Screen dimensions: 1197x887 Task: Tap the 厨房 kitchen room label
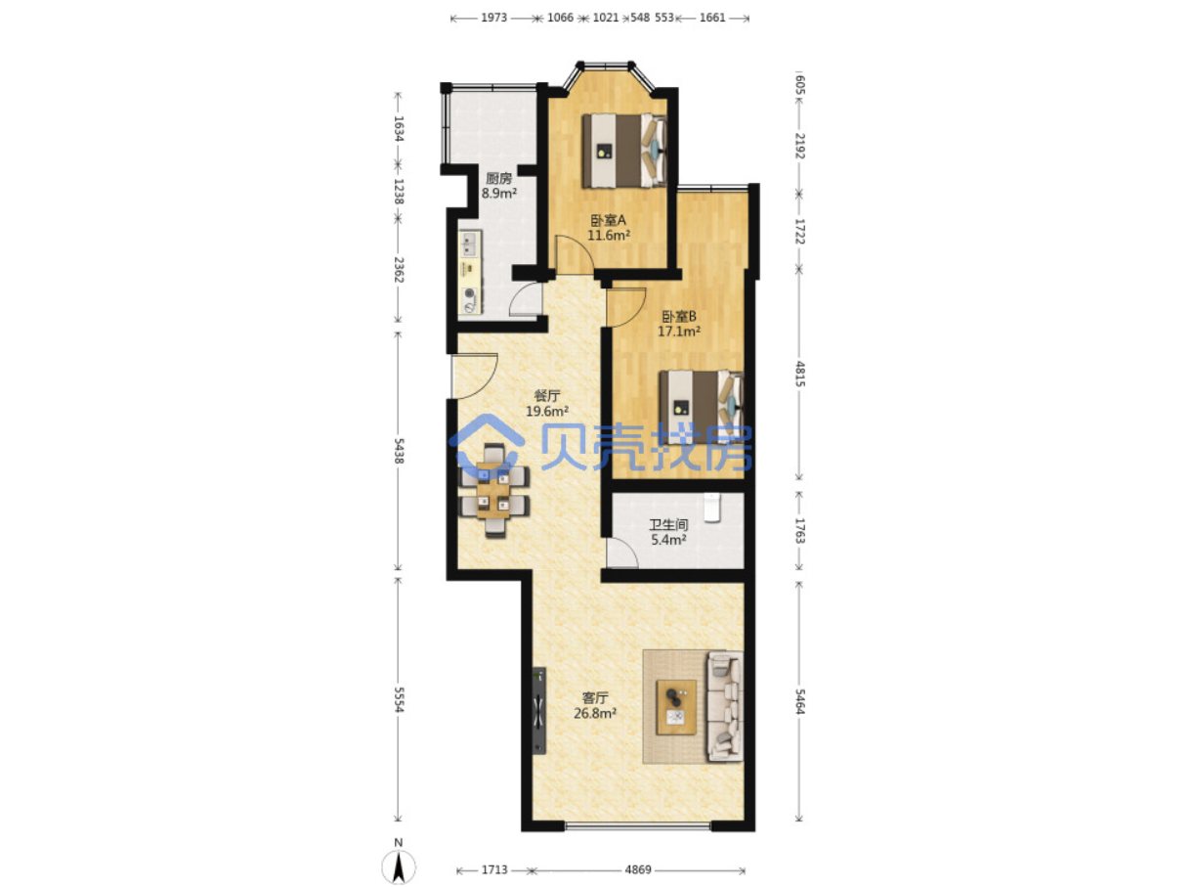coord(498,178)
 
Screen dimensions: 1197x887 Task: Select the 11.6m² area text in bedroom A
coord(609,236)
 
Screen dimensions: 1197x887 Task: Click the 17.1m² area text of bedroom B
coord(679,332)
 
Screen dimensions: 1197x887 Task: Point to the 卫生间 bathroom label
coord(668,524)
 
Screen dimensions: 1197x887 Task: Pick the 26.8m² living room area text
coord(595,713)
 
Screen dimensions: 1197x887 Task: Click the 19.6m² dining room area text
coord(547,411)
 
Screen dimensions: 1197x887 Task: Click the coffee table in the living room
coord(675,707)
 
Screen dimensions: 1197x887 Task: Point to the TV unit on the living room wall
coord(538,711)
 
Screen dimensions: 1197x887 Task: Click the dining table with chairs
coord(493,490)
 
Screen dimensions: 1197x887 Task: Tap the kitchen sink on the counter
coord(92,244)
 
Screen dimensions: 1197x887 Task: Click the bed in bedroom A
coord(623,151)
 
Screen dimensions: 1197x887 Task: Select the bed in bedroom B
coord(701,407)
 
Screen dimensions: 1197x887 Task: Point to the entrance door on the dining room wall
coord(473,376)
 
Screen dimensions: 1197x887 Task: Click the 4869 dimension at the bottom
coord(638,869)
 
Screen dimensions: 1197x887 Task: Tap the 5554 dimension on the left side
coord(399,699)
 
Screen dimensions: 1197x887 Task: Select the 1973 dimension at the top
coord(493,18)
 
